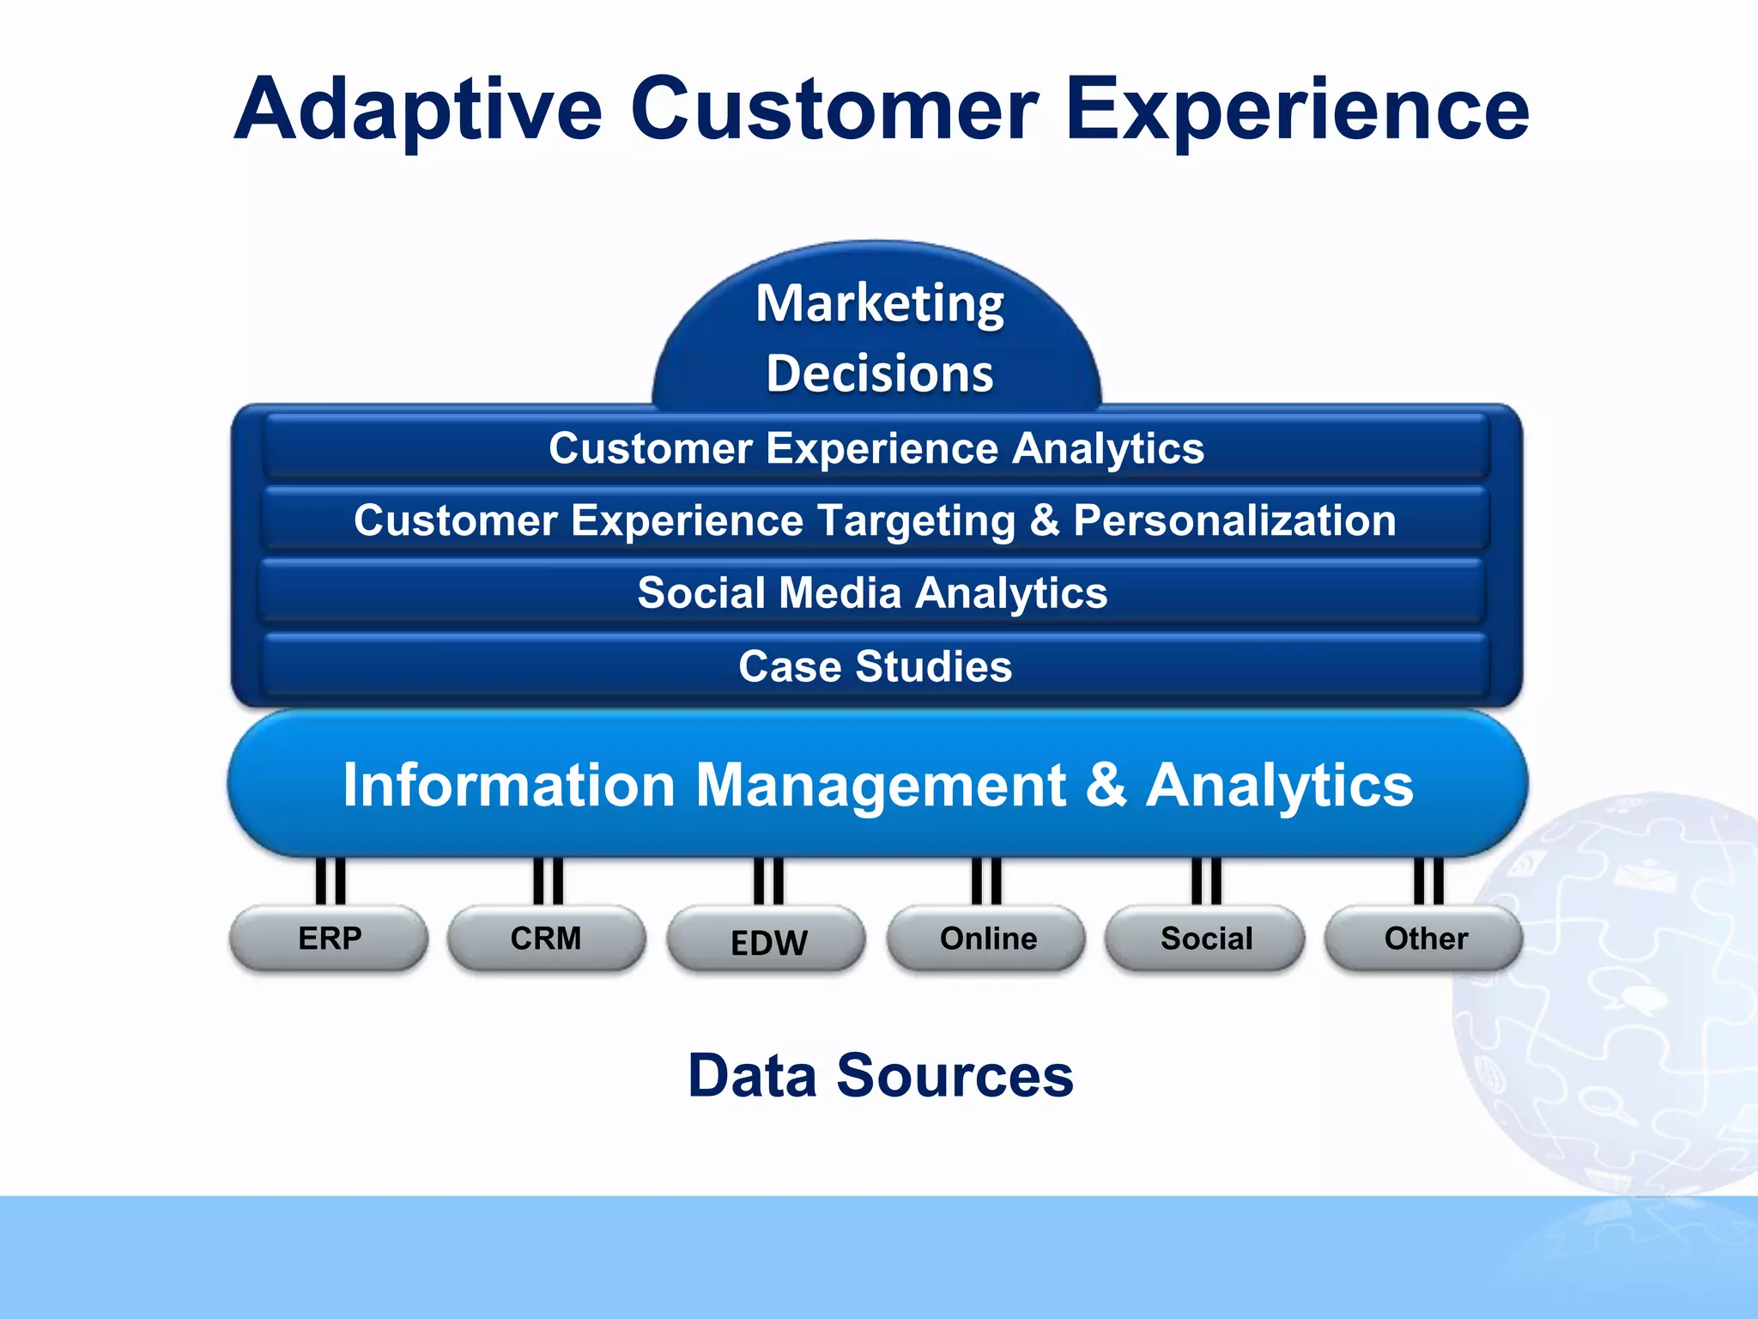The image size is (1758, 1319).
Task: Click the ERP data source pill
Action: (x=329, y=939)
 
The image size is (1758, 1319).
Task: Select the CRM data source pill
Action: (x=546, y=939)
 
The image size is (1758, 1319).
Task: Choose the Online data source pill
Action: (x=987, y=939)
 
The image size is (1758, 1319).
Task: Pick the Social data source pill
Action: (x=1205, y=939)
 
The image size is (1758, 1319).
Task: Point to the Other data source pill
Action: (x=1425, y=939)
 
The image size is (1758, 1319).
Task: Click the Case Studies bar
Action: (x=875, y=666)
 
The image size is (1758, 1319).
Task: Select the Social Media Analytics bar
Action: (x=872, y=593)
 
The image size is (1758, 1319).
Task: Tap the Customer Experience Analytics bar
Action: (x=876, y=448)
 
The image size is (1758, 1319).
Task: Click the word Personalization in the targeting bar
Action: (x=1234, y=520)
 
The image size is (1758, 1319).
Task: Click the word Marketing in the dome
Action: (x=880, y=303)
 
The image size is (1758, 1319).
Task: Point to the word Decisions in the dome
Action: (x=880, y=374)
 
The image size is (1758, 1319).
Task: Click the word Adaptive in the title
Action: (x=419, y=110)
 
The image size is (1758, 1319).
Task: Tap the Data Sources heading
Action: (x=881, y=1075)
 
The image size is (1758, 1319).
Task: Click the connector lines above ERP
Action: (x=330, y=880)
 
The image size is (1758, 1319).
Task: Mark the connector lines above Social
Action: (x=1206, y=880)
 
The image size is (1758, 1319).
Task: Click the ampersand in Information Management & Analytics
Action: (x=1106, y=784)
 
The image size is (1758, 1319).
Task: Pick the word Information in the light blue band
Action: (x=509, y=784)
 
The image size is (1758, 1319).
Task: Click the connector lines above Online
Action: (x=986, y=880)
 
